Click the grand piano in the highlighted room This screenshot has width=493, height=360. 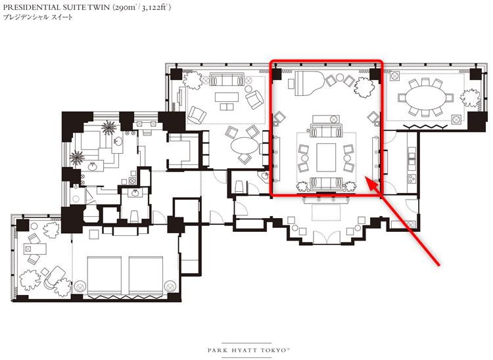click(306, 82)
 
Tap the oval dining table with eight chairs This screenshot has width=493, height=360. click(425, 98)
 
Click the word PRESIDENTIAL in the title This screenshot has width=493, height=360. click(32, 7)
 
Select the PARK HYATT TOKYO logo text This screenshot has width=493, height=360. click(248, 350)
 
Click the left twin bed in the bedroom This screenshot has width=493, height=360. click(104, 275)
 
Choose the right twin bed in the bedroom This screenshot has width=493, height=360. click(146, 275)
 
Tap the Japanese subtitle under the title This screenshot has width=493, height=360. click(37, 17)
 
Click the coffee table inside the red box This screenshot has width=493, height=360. click(326, 157)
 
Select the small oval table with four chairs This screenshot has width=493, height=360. click(245, 145)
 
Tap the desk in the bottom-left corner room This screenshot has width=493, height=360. click(35, 249)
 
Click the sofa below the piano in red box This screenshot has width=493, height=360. click(326, 131)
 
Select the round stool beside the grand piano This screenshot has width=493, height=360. click(340, 77)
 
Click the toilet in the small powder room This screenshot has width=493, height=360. click(135, 215)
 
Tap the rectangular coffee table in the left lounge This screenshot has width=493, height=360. click(227, 97)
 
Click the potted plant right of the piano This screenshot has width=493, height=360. click(364, 87)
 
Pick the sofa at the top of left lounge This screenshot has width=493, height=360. click(227, 79)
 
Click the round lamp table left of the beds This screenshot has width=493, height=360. click(80, 286)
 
